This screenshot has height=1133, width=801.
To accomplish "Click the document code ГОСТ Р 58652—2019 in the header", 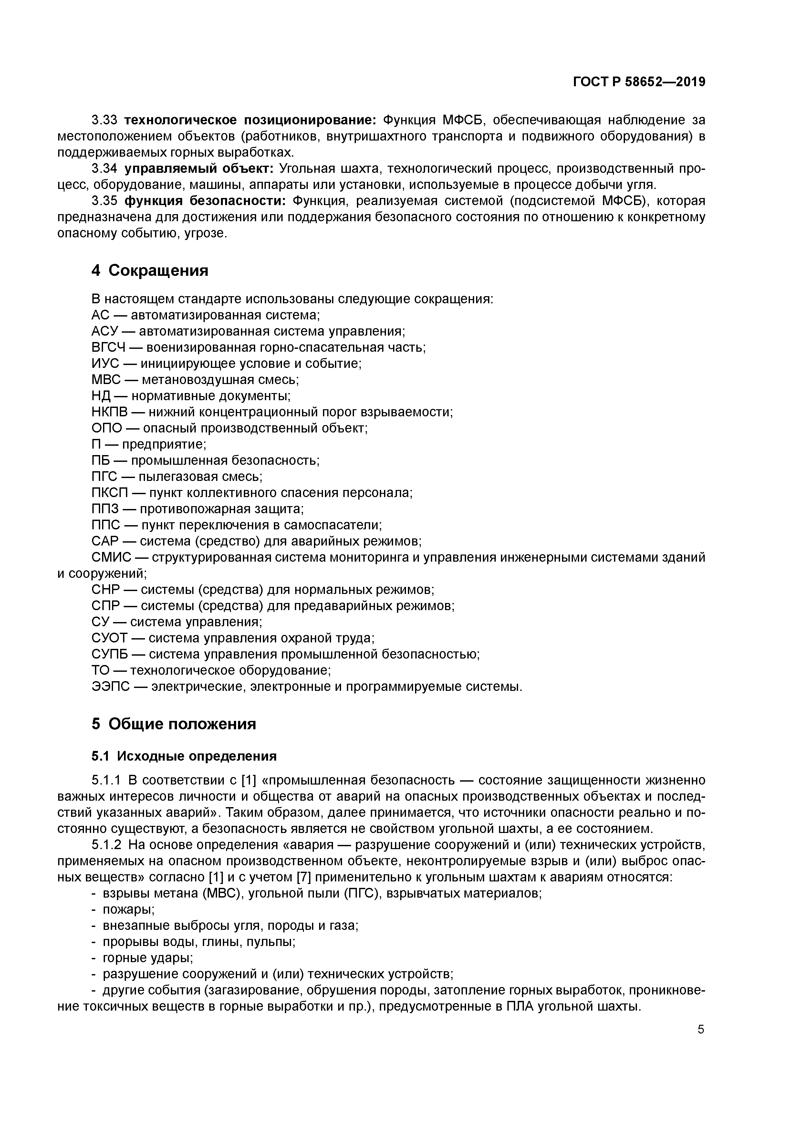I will point(639,82).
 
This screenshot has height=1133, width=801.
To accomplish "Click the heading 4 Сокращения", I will point(150,270).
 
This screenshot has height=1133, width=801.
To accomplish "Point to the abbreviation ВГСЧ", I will point(109,348).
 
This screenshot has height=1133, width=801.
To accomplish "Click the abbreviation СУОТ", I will point(109,639).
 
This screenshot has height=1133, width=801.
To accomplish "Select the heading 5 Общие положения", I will point(174,724).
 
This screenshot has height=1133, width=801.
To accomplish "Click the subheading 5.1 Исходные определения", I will point(184,756).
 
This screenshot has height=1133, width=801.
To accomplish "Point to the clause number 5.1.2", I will point(106,845).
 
